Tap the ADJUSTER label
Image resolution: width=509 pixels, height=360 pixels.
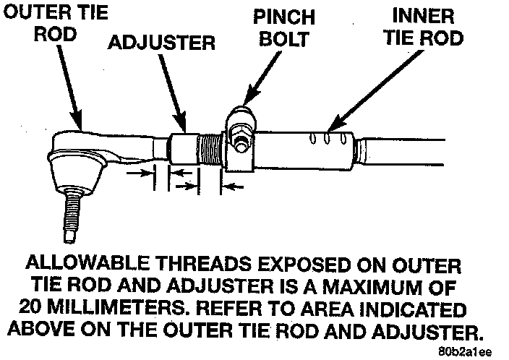coord(162,43)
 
